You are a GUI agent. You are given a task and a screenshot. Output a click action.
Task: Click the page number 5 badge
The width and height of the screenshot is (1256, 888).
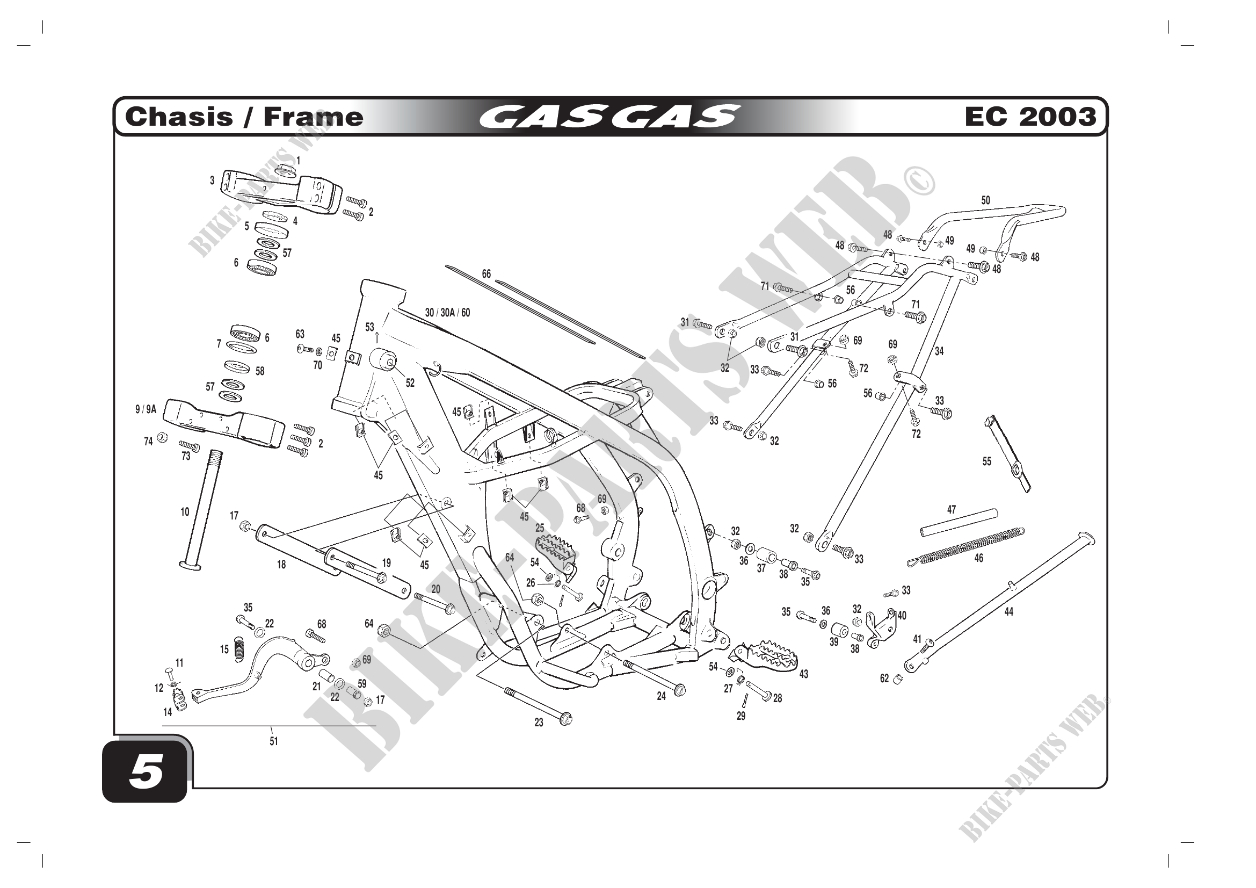pos(145,774)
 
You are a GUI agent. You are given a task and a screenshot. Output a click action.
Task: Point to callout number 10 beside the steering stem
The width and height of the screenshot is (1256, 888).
pos(185,512)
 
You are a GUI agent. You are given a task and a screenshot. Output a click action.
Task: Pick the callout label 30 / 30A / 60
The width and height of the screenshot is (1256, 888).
pos(447,313)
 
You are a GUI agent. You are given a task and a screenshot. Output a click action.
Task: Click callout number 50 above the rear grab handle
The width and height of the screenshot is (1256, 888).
pos(985,200)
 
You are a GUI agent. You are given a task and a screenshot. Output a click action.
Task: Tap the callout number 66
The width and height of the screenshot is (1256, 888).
pos(487,274)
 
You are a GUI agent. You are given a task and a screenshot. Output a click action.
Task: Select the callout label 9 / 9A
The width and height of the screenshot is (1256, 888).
pos(146,409)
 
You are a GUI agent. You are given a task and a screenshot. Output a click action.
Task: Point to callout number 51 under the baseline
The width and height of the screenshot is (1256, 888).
pos(273,741)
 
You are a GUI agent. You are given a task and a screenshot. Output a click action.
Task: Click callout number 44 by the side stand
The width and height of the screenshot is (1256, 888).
pos(1009,612)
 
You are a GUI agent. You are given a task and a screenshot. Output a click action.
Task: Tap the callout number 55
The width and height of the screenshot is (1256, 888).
pos(986,461)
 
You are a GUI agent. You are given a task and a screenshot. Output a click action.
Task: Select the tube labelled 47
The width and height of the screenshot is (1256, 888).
pos(959,523)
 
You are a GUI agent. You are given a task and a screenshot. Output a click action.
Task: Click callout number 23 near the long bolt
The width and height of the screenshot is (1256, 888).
pos(539,723)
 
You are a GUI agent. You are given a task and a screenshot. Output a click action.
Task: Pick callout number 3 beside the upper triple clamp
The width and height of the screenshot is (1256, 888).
pos(212,181)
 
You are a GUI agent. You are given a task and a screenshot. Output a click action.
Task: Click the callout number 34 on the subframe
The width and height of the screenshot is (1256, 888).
pos(939,351)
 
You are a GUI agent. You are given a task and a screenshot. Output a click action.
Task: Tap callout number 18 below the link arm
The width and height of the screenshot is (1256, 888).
pos(281,565)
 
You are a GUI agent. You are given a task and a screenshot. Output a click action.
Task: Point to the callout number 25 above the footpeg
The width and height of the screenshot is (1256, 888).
pos(539,528)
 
